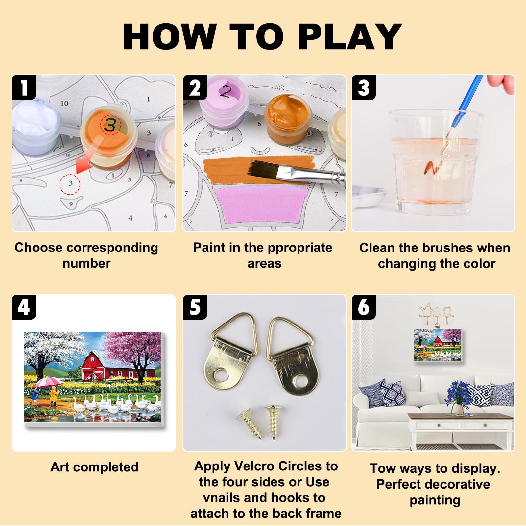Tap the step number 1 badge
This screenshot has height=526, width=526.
pyautogui.click(x=24, y=87)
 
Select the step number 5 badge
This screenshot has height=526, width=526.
pyautogui.click(x=195, y=307)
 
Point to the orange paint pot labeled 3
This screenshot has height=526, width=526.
pyautogui.click(x=108, y=135)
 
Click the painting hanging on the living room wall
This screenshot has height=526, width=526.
pyautogui.click(x=438, y=345)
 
